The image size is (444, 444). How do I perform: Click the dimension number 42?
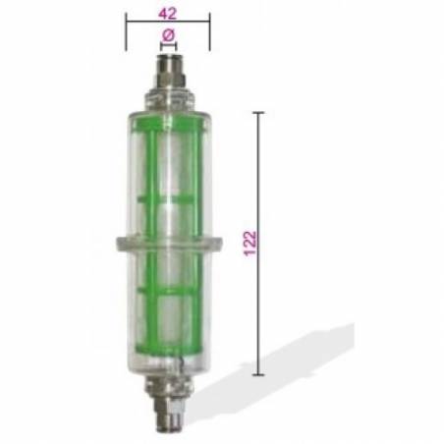[167, 13]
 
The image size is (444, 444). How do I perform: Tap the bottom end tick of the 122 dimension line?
[260, 374]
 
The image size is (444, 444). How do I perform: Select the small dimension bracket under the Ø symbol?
[167, 44]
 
